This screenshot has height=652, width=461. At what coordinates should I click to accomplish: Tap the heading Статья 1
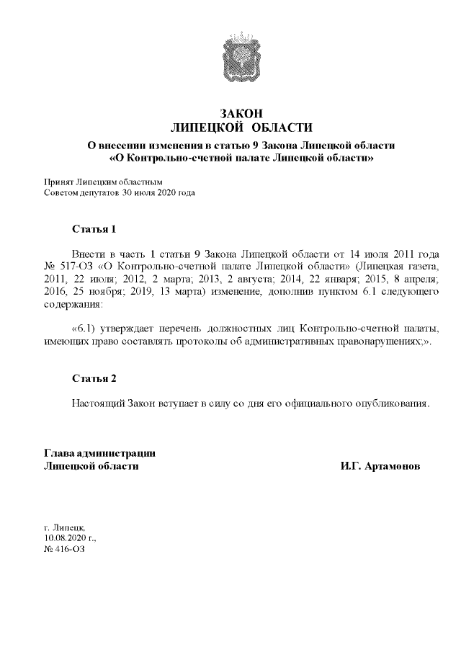tap(94, 230)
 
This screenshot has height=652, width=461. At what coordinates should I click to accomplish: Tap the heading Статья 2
tap(94, 378)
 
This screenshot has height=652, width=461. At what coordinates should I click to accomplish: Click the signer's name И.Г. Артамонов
tap(381, 466)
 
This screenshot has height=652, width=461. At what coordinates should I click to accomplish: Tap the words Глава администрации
tap(100, 453)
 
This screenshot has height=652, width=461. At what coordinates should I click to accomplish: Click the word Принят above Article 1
tap(58, 183)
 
